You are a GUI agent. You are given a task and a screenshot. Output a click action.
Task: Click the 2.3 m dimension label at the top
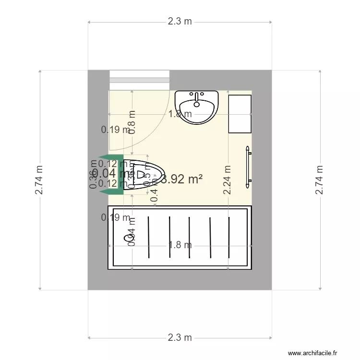tap(180, 22)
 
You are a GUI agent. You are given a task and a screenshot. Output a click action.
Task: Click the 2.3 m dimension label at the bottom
tap(180, 338)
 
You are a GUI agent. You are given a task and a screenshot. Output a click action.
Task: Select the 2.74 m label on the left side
tap(39, 180)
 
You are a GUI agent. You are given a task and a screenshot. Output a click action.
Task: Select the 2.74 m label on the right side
tap(319, 180)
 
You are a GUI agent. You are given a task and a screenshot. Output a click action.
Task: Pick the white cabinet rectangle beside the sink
tap(240, 114)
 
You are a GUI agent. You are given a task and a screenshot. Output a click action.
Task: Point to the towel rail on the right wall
tap(248, 167)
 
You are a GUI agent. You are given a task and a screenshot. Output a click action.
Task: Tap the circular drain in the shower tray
tap(128, 238)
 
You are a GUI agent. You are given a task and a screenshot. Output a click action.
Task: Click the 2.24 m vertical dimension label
tap(228, 180)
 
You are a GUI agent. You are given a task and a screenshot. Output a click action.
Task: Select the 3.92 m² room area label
tap(181, 180)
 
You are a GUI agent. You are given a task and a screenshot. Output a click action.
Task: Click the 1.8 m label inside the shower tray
tap(180, 245)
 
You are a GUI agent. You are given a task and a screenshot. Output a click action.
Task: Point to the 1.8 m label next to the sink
tap(180, 114)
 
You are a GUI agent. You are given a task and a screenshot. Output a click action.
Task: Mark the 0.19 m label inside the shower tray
tap(115, 217)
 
